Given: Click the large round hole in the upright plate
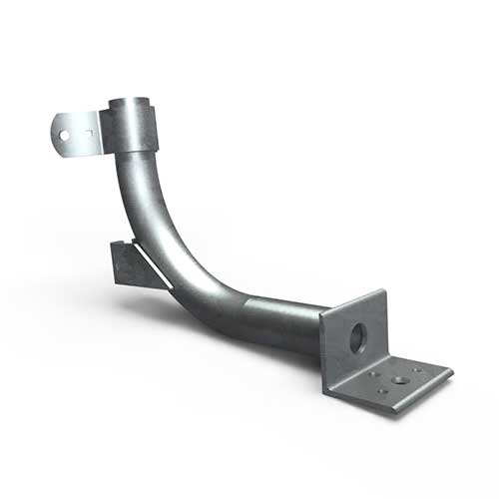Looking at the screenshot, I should [x=356, y=338].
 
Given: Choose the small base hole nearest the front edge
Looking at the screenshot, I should [x=383, y=392].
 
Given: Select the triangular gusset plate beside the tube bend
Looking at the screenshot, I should [x=130, y=264].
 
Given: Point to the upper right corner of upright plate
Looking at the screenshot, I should [x=382, y=291].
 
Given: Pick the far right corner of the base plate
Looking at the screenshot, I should [x=451, y=372].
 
